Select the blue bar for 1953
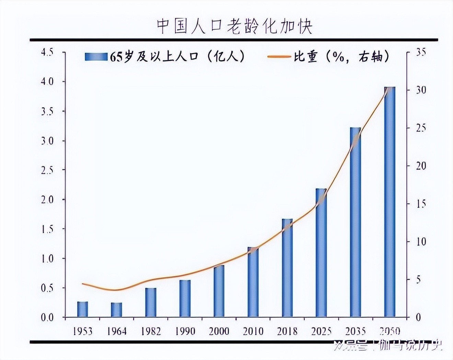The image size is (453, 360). point(82,309)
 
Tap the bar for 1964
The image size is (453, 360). point(116,310)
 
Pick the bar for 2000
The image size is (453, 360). point(219,291)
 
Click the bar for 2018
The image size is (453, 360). point(287,268)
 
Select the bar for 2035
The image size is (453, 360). point(356,222)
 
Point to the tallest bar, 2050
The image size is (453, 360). point(390,202)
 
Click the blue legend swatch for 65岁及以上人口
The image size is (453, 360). point(96,57)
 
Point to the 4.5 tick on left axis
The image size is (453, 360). point(47,52)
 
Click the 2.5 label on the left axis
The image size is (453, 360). point(47,170)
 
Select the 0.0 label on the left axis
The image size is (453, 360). point(47,318)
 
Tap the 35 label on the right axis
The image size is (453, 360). point(421,52)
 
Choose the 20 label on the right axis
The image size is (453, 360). point(421,166)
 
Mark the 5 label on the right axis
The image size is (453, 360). point(418,280)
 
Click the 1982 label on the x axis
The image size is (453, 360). point(151,331)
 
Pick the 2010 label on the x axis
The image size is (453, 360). point(253,331)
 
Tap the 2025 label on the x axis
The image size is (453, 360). point(321,331)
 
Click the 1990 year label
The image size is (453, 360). point(185,331)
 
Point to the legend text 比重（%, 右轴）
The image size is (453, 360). point(341,57)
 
